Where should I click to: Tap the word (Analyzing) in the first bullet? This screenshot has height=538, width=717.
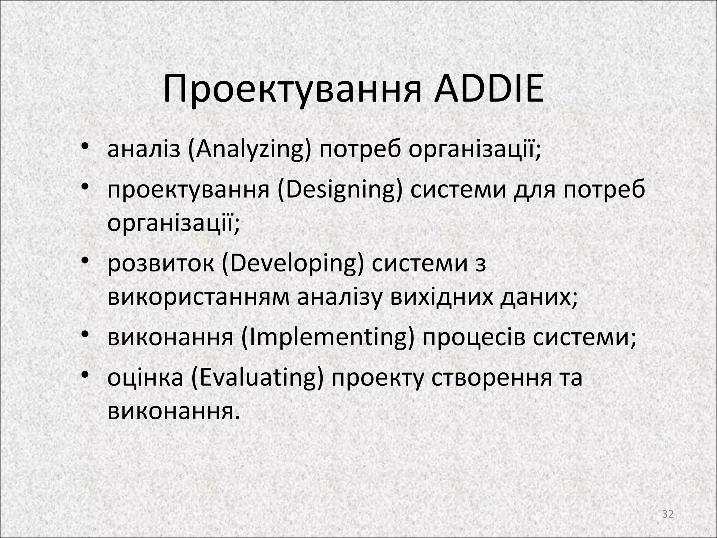coord(250,150)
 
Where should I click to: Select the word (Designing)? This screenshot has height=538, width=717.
coord(340,191)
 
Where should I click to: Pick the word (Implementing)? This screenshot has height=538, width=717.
coord(328,338)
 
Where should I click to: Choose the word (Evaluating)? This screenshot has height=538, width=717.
coord(257,378)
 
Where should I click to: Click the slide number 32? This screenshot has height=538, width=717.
coord(668,514)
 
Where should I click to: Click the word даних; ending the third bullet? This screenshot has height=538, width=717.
coord(538,297)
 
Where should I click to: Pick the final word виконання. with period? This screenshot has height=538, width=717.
coord(174,411)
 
